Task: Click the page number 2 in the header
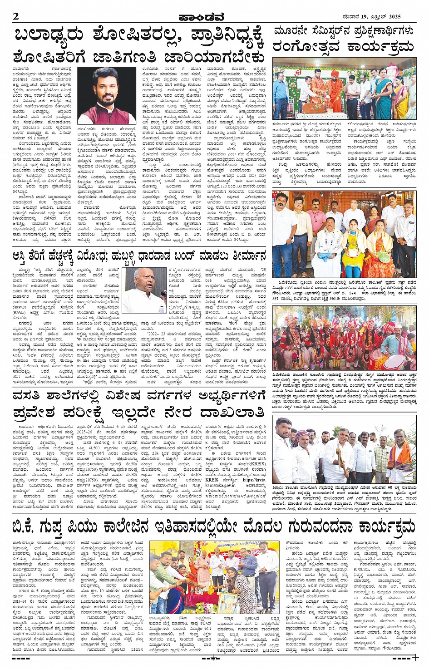16,17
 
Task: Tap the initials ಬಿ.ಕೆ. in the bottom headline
30,527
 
